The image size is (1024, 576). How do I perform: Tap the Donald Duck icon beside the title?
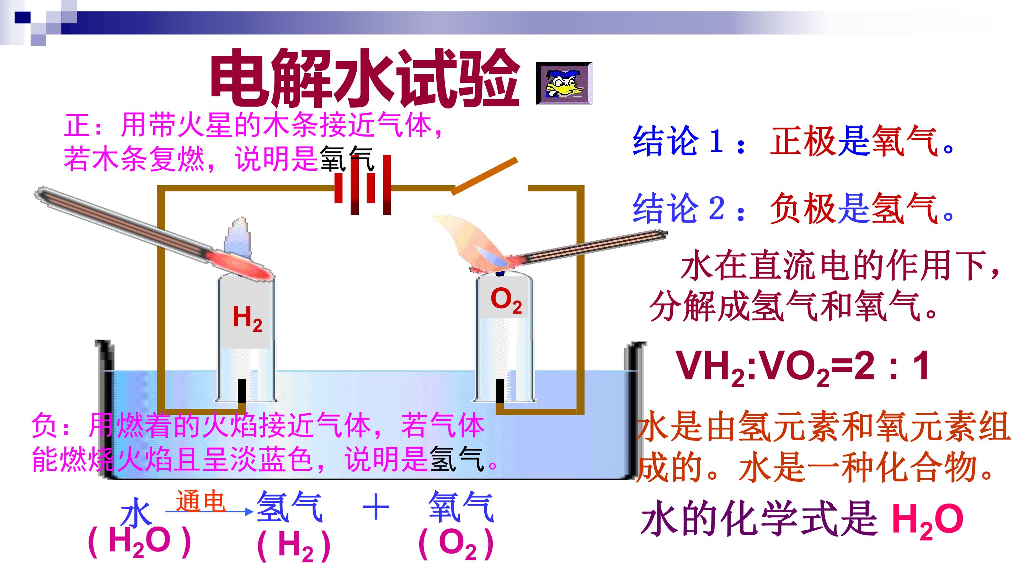564,84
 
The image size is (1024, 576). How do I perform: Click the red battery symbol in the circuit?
363,185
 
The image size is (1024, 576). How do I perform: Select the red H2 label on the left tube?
247,318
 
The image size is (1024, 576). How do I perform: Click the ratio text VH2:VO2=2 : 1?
803,368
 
